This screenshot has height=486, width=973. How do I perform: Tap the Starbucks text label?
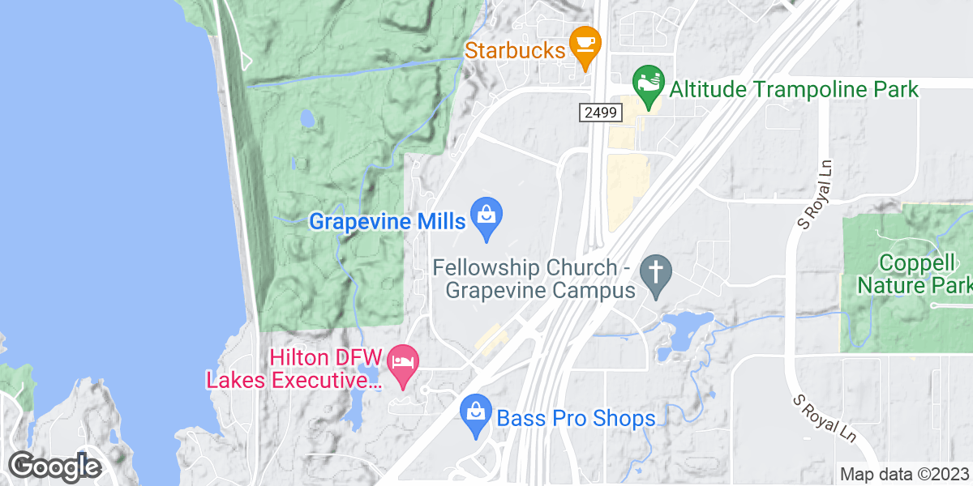[515, 50]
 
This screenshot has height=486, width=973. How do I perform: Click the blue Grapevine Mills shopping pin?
[486, 216]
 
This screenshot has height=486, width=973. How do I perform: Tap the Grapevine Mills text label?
[387, 220]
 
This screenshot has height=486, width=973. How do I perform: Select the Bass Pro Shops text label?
[576, 419]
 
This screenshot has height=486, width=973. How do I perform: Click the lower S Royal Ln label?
[822, 419]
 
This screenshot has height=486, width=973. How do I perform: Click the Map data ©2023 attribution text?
[904, 474]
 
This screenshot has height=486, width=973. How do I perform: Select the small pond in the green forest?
[307, 119]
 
